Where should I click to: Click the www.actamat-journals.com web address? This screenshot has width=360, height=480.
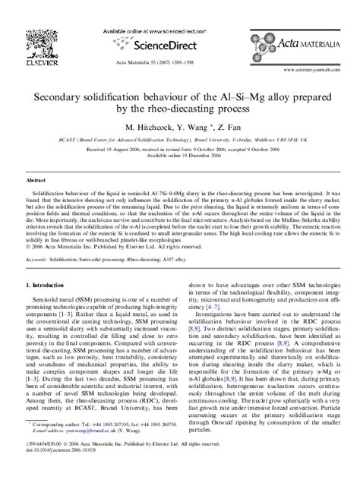tap(322, 70)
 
